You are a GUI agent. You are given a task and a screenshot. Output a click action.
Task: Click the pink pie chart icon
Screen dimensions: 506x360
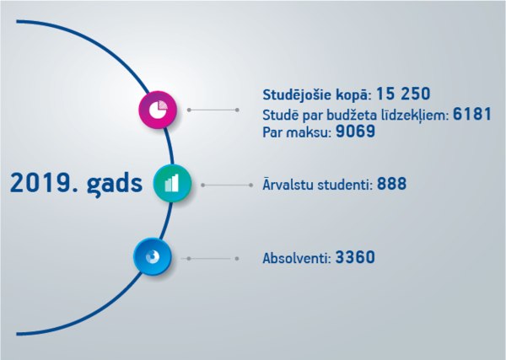[x=158, y=110]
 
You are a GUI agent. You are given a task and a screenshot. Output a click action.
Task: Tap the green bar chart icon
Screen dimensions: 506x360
[x=172, y=183]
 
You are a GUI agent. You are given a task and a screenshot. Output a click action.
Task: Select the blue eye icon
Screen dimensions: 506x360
[x=153, y=257]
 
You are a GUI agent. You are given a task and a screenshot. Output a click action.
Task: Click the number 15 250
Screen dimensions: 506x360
[x=403, y=94]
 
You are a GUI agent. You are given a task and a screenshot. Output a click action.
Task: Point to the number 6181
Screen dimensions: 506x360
[x=472, y=114]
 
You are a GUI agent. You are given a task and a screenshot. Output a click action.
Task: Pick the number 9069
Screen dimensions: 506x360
[x=355, y=132]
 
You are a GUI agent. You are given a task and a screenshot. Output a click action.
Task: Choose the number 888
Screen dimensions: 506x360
[x=392, y=184]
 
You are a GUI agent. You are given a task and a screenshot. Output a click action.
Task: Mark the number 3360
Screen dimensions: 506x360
[x=355, y=257]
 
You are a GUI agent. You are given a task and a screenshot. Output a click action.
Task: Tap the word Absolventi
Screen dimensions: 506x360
[x=297, y=258]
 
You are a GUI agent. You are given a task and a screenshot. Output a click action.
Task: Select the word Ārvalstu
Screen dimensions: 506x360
[x=288, y=184]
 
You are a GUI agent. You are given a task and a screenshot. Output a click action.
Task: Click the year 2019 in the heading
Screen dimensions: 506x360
[x=44, y=183]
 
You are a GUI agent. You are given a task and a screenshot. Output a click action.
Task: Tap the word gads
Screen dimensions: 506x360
[x=115, y=184]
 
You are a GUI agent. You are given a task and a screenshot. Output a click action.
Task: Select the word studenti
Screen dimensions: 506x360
[x=345, y=185]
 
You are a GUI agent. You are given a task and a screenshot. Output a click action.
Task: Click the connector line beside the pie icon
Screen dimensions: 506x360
[x=213, y=110]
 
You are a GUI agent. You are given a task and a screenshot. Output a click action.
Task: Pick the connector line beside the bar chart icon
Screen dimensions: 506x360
[x=227, y=185]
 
